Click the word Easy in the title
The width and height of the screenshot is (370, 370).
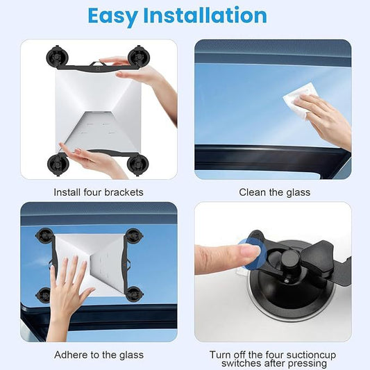(112, 16)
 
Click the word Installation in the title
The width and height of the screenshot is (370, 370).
(205, 15)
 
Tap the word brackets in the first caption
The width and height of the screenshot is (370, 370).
(124, 192)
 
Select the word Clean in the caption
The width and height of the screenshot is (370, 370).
(252, 192)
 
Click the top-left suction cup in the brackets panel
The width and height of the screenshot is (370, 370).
(58, 57)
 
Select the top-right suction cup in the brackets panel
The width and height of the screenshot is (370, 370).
(139, 57)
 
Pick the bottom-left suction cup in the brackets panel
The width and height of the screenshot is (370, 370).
(58, 164)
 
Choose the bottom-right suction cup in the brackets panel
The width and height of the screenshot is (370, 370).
(138, 164)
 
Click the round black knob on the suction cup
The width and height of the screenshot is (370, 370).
(290, 259)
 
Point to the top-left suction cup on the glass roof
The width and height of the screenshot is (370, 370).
(44, 235)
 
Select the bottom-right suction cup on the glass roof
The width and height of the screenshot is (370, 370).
(134, 294)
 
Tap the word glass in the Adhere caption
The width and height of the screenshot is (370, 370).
(131, 355)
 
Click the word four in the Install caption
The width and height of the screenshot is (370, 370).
(92, 192)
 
